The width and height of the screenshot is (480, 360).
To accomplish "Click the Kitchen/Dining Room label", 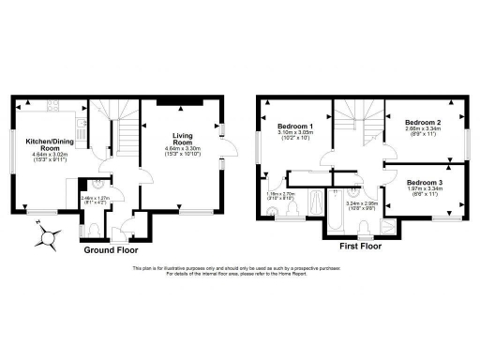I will pos(43,144).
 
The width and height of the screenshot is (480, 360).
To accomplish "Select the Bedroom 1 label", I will pos(297,127).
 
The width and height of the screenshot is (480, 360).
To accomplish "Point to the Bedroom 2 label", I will pos(424,122).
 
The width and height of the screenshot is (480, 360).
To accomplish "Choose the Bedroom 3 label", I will pos(426,181).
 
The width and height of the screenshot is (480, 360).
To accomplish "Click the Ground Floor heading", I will pos(111,251).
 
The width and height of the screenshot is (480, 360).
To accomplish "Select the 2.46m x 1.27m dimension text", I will pos(95,198).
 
